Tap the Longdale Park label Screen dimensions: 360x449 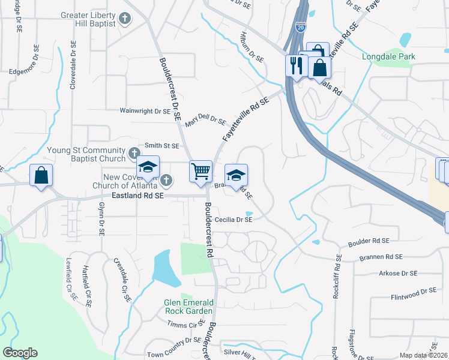coord(388,57)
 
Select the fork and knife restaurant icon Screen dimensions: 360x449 coord(296,65)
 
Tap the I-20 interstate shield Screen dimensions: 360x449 coord(300,28)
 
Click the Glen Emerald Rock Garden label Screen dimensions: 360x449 coord(188,307)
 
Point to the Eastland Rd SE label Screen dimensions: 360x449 coord(137,196)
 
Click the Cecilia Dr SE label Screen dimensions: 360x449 coord(229,220)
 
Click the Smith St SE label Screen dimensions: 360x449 coord(162,146)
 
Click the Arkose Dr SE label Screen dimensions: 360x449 coord(397,274)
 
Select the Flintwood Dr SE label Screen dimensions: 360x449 coord(412,292)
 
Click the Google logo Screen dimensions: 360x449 coord(20,353)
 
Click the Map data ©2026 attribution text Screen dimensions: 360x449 coord(423,355)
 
